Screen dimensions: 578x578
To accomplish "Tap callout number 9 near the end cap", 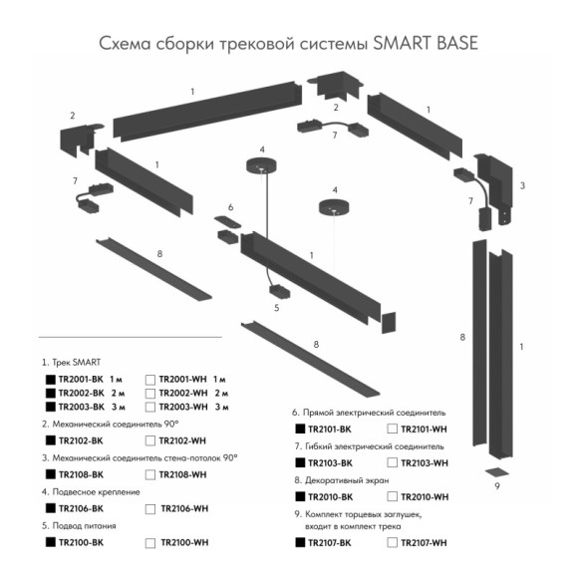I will pos(495,488).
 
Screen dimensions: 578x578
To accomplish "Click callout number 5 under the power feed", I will pos(277,308).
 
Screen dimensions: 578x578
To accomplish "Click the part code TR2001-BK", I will pos(81,380).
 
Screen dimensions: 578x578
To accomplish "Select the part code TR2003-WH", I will pos(180,407).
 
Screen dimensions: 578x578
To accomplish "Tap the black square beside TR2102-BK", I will pos(49,439).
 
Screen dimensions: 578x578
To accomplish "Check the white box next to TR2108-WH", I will pos(150,474).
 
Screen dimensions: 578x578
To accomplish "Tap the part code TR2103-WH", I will pos(424,463).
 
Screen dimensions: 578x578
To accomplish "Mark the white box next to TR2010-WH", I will pos(392,496).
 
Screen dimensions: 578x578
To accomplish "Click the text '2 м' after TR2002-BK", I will pos(118,393).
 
